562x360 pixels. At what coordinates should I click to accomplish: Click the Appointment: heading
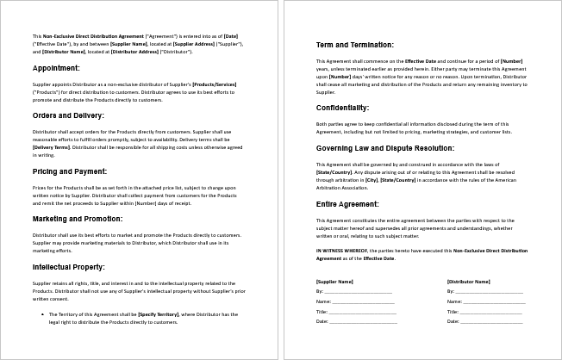coord(56,67)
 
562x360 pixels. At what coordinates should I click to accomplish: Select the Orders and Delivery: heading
coord(68,115)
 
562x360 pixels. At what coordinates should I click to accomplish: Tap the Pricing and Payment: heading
coord(70,172)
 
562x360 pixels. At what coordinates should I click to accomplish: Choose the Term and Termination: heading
coord(355,44)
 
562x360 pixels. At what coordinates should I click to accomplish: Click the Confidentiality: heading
coord(343,108)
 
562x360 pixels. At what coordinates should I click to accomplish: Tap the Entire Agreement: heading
coord(347,204)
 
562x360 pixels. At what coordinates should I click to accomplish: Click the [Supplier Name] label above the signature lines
coord(335,282)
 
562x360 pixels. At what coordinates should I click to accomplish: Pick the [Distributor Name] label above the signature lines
coord(468,282)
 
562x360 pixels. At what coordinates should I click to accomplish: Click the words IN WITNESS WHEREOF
coord(339,249)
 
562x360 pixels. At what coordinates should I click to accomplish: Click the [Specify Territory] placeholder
coord(159,314)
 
